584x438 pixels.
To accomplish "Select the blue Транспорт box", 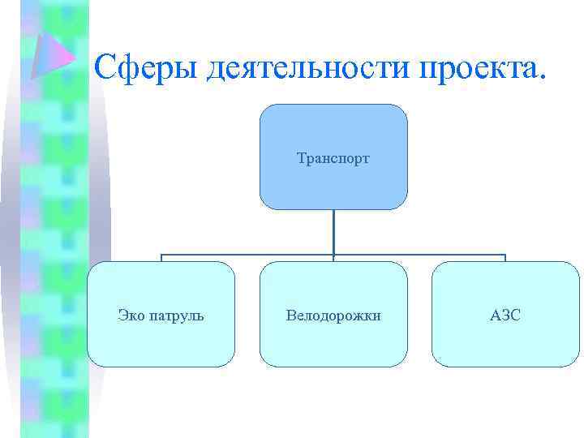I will point(333,157).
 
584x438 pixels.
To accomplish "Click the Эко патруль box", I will point(161,314).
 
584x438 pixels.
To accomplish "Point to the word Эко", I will point(131,314).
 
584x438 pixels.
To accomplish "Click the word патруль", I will point(176,315).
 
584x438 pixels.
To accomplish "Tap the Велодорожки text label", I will point(333,314).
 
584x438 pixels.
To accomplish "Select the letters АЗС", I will point(505,314).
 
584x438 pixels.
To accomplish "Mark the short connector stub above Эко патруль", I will point(161,258).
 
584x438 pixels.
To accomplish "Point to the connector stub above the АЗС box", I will point(505,258).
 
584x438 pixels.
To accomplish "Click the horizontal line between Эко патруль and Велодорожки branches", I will point(247,255).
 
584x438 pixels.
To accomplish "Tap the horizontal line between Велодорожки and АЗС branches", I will point(419,255).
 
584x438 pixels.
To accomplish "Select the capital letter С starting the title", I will point(105,67).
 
